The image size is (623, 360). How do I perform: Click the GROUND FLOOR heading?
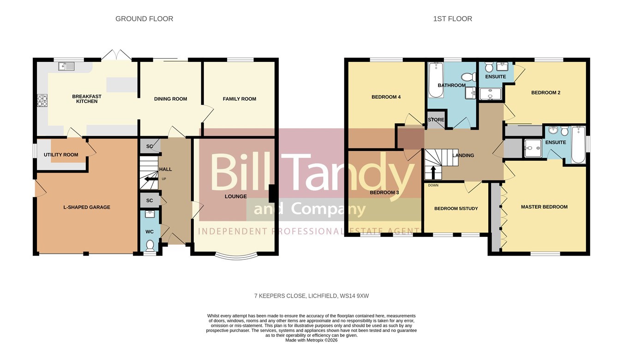pyautogui.click(x=144, y=18)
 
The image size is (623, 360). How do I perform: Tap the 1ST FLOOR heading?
pyautogui.click(x=453, y=18)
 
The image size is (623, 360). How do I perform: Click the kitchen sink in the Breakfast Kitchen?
pyautogui.click(x=66, y=66)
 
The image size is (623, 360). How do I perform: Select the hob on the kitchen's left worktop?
pyautogui.click(x=42, y=101)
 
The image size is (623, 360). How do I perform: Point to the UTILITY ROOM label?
pyautogui.click(x=61, y=155)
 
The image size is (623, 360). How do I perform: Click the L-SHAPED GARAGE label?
pyautogui.click(x=87, y=207)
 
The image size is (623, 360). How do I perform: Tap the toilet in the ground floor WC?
pyautogui.click(x=150, y=246)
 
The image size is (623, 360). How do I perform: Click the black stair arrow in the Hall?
pyautogui.click(x=150, y=179)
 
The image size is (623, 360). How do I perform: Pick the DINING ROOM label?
pyautogui.click(x=170, y=99)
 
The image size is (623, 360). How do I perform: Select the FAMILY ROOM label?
pyautogui.click(x=240, y=99)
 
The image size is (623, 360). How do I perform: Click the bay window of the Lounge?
pyautogui.click(x=236, y=256)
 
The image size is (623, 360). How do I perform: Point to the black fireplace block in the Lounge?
pyautogui.click(x=272, y=194)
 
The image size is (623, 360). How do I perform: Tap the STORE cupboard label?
pyautogui.click(x=436, y=120)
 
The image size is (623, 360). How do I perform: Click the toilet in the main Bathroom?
pyautogui.click(x=468, y=77)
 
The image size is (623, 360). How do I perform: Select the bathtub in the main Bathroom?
pyautogui.click(x=436, y=80)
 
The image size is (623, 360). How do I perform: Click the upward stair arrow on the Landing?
pyautogui.click(x=433, y=173)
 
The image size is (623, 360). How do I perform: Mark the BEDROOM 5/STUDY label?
pyautogui.click(x=456, y=208)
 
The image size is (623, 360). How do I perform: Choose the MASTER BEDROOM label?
pyautogui.click(x=544, y=207)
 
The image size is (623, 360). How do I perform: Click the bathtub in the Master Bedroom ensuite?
pyautogui.click(x=579, y=144)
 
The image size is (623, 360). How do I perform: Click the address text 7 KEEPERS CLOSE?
pyautogui.click(x=280, y=296)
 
